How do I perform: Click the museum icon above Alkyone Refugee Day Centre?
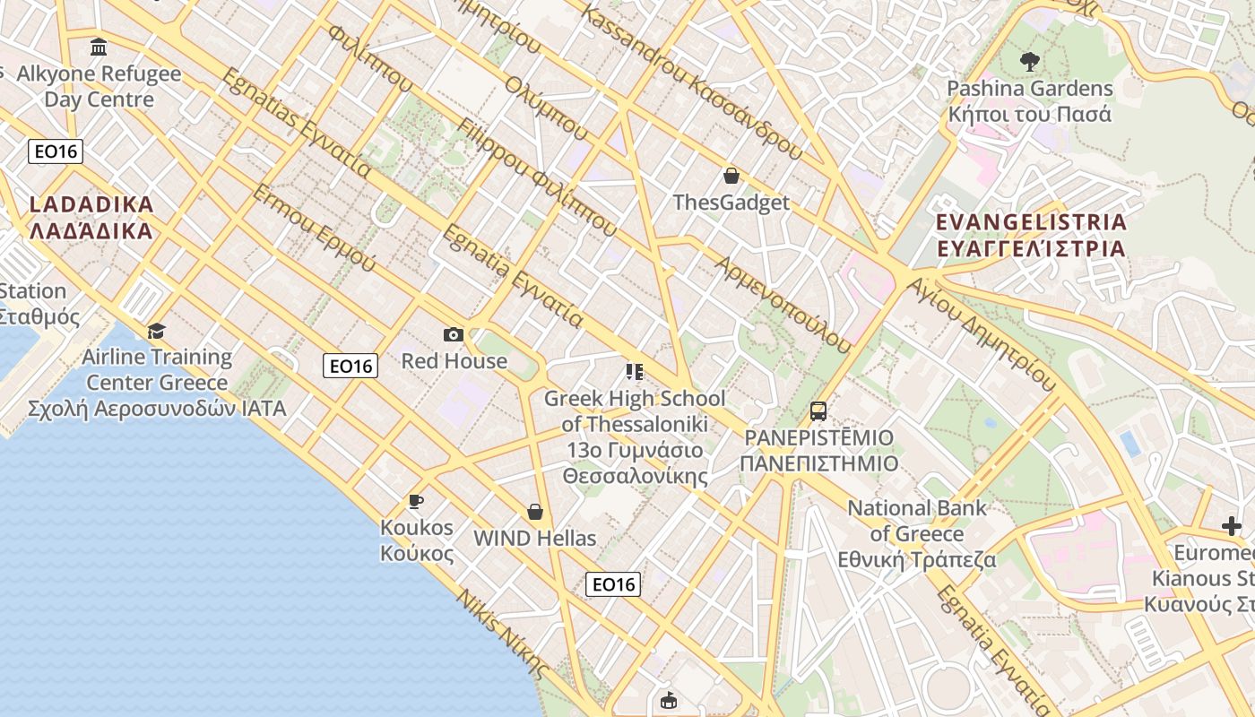(x=99, y=47)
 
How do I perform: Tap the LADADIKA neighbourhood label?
(x=91, y=217)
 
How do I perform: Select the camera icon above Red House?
(x=454, y=335)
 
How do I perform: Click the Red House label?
(x=454, y=361)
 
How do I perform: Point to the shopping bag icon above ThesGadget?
(x=731, y=176)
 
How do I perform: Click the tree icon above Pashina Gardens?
(x=1029, y=62)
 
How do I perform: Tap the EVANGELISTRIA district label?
(x=1030, y=235)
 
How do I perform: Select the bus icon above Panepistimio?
(x=818, y=411)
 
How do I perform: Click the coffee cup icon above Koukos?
(x=415, y=501)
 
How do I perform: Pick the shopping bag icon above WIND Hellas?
(x=535, y=512)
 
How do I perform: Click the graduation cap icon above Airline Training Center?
(x=157, y=331)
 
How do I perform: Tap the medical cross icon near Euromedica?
(x=1232, y=526)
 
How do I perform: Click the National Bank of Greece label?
(x=917, y=534)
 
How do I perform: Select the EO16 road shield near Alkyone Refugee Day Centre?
(x=56, y=151)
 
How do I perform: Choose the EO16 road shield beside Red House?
(x=351, y=365)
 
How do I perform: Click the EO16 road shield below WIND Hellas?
(x=613, y=584)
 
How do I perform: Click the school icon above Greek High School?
(x=635, y=372)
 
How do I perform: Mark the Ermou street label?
(x=314, y=228)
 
